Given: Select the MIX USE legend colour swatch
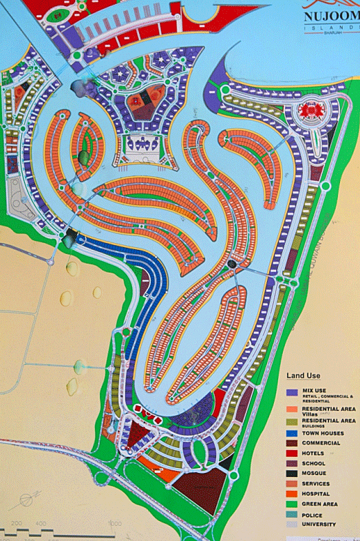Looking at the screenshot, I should pyautogui.click(x=292, y=392).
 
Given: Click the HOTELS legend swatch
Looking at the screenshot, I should pyautogui.click(x=292, y=454).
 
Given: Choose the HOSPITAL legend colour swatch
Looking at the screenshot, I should pyautogui.click(x=292, y=494).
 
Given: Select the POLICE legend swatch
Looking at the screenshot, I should pyautogui.click(x=292, y=514).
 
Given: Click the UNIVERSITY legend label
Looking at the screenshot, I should pyautogui.click(x=321, y=524).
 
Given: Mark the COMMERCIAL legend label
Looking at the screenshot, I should pyautogui.click(x=321, y=443).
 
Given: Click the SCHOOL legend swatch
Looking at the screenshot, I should pyautogui.click(x=292, y=464).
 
